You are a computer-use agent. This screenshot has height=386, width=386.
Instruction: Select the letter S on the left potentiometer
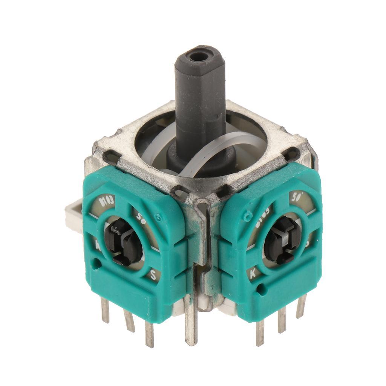point(153,274)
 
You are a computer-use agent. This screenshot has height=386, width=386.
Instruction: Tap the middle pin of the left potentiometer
point(129,320)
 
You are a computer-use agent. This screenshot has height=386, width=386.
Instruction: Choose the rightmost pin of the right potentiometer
point(301,306)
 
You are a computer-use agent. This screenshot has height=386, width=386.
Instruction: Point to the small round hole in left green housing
point(98,263)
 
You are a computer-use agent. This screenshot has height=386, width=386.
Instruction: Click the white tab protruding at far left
point(74,215)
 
